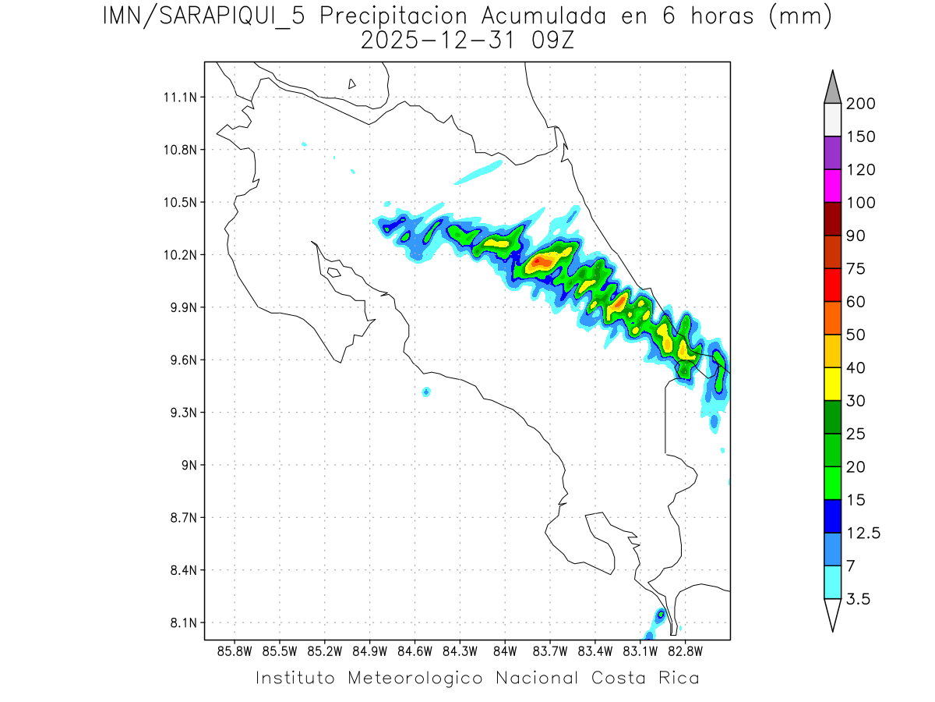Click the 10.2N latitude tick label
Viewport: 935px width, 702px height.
(180, 255)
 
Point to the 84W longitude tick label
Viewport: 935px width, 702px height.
(505, 651)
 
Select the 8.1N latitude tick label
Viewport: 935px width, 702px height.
(180, 623)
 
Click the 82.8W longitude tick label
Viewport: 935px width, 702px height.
(685, 651)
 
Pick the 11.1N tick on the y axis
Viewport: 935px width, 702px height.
(180, 97)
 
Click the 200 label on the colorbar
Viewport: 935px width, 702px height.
(860, 104)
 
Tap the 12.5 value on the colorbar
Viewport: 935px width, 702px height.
(864, 533)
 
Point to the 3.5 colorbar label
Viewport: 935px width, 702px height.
(859, 599)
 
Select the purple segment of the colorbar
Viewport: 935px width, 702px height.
(832, 153)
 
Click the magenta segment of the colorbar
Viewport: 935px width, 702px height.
(832, 186)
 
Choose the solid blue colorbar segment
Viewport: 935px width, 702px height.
(832, 516)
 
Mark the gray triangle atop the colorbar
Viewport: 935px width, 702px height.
(832, 87)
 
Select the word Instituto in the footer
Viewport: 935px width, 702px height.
(295, 677)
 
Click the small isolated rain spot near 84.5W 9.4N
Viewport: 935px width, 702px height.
(425, 392)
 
